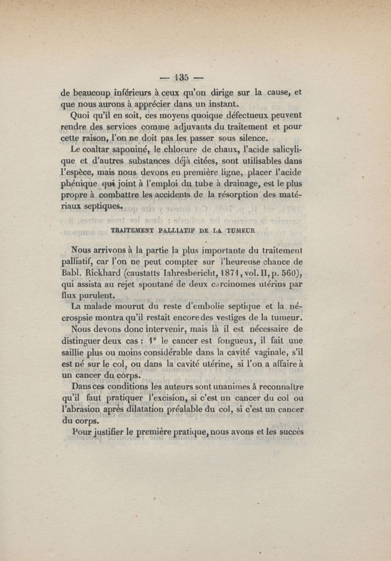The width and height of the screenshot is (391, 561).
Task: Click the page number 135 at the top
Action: (182, 77)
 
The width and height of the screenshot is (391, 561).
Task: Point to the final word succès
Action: (289, 432)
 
